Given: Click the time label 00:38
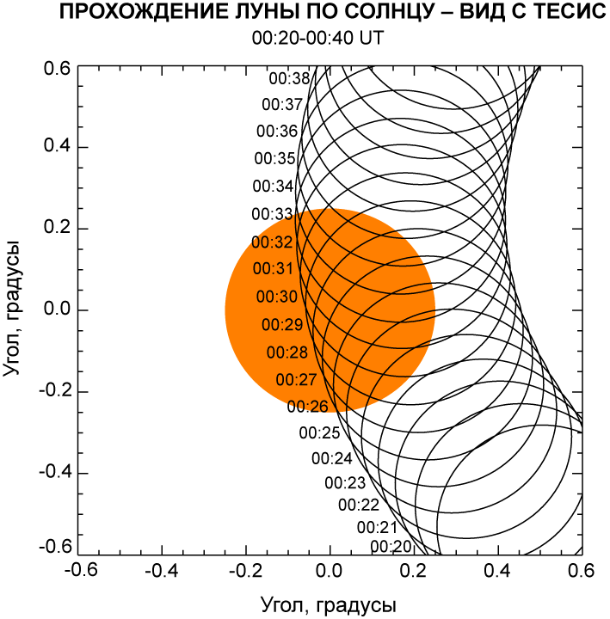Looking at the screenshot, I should tap(289, 79).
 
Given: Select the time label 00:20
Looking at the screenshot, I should tap(391, 546).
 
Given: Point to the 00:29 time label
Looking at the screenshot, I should tap(282, 325).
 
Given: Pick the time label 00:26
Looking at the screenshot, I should tap(307, 407).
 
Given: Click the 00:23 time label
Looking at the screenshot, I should tap(345, 482).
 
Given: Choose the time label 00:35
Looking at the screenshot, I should tap(275, 159).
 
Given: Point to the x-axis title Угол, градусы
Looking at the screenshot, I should tap(330, 602).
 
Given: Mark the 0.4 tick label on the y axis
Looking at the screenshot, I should tap(57, 147).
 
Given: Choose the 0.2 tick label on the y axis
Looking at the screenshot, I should tap(57, 229).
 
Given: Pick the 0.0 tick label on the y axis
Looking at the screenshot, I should tap(57, 310).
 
